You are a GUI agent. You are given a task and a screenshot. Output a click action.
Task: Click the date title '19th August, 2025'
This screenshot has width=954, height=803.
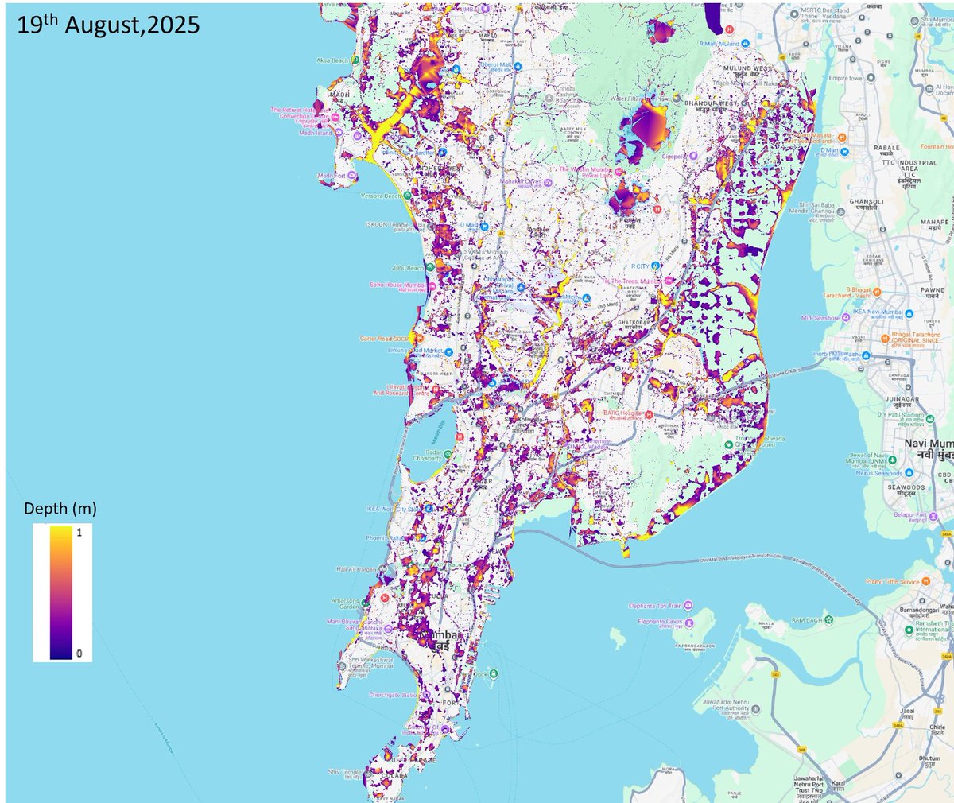109,25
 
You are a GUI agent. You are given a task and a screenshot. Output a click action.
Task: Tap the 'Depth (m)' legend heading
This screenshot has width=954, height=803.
60,508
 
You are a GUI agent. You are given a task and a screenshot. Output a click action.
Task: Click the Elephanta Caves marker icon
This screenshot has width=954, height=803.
689,622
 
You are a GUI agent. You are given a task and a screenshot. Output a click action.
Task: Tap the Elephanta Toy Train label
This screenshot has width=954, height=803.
654,606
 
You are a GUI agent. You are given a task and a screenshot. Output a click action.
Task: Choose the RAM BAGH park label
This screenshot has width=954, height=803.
807,620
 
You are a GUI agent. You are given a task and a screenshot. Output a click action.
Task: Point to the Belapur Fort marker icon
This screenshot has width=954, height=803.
933,514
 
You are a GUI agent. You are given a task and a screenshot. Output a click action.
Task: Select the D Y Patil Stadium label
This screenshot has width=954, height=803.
900,415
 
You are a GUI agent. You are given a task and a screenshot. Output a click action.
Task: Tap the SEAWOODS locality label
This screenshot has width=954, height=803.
906,487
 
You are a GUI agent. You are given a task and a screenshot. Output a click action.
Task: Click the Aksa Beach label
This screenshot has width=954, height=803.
332,60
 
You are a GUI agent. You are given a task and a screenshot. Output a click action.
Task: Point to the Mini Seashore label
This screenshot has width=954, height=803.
820,318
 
